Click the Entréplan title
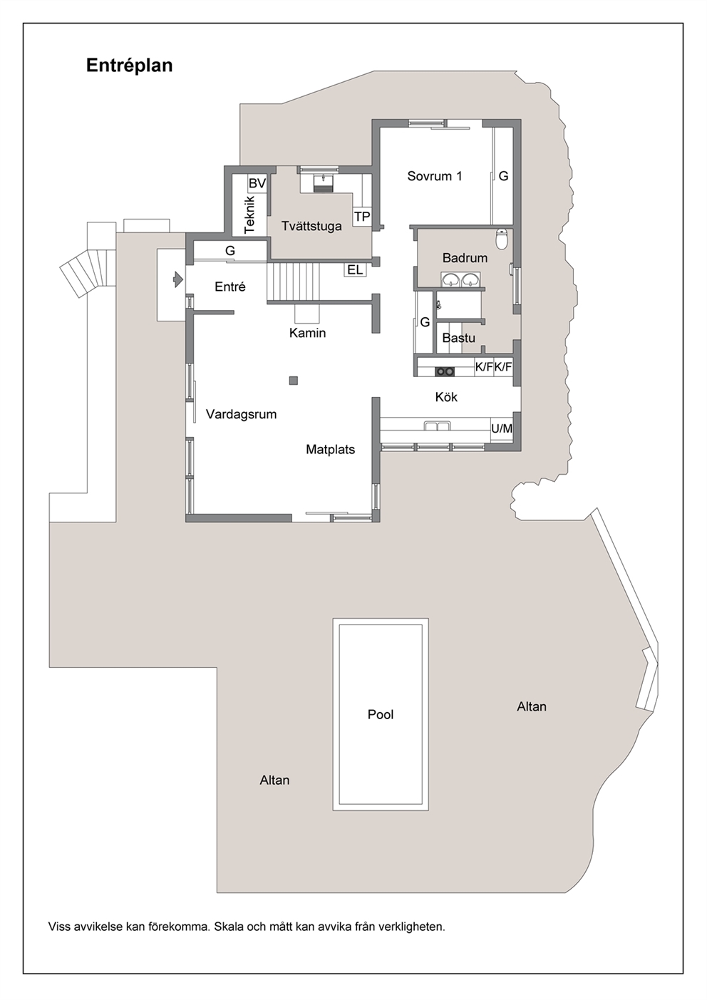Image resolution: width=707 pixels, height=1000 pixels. tap(130, 66)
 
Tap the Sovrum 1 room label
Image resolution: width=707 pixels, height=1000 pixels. tap(434, 176)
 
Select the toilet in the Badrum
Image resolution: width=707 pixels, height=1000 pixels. tap(502, 239)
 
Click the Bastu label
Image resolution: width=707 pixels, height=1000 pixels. tap(458, 338)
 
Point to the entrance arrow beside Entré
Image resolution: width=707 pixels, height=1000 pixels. tap(178, 279)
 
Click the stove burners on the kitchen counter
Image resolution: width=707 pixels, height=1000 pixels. tap(445, 371)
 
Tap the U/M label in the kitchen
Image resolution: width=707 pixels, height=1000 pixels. tap(502, 428)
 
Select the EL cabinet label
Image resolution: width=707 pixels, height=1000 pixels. tap(355, 269)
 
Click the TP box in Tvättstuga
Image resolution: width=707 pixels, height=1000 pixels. tap(362, 217)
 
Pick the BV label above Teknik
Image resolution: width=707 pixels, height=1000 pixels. tap(257, 183)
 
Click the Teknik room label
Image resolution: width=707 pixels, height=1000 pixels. tap(249, 215)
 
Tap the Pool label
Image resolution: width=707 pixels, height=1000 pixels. tap(381, 714)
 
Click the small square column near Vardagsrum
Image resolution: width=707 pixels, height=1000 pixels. tap(293, 381)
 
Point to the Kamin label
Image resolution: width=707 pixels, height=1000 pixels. tap(307, 333)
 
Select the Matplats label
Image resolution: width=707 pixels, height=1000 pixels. tap(330, 449)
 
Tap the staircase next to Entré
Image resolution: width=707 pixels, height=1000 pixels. tap(294, 281)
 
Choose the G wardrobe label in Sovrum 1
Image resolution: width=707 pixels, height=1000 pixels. tap(503, 176)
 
